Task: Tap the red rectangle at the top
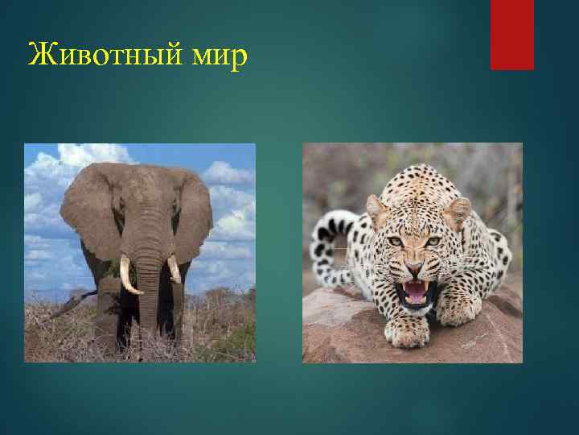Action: pos(512,34)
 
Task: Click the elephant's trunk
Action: pos(148,282)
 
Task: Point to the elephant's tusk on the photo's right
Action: pos(174,270)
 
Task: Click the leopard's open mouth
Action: pos(415,291)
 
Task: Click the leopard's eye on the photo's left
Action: pos(396,241)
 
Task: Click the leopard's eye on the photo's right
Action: pos(433,241)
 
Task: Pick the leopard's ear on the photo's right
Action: pos(458,211)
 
